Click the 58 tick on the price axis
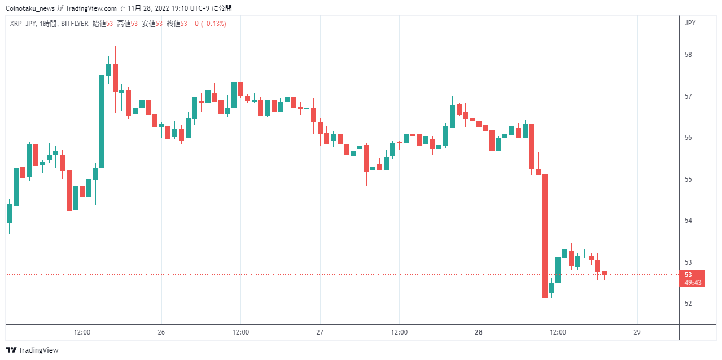688,55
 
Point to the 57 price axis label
688,96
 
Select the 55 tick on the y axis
688,179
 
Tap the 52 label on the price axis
688,304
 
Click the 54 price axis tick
688,221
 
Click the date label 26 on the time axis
161,332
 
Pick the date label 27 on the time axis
320,332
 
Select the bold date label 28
478,332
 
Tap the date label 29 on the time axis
637,332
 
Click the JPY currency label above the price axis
690,23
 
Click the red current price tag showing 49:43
692,278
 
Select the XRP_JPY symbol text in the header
23,24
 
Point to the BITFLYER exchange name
75,24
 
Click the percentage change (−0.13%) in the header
213,24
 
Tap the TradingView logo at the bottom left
32,350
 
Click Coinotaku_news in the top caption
30,8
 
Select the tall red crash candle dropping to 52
545,236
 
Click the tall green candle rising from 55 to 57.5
102,121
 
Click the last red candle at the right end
604,273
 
